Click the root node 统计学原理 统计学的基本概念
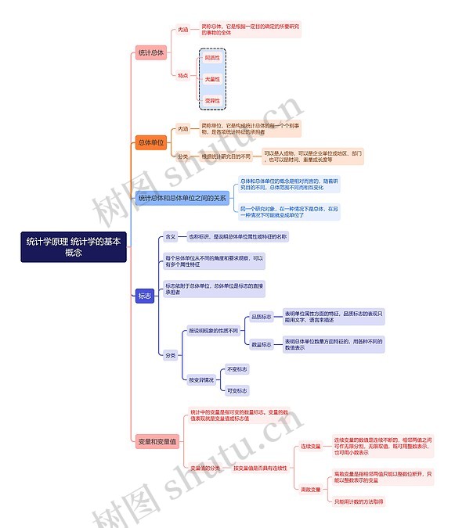(74, 247)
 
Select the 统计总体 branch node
(151, 53)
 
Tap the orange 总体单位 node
(151, 142)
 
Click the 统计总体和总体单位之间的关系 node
(182, 199)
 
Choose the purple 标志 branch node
(145, 296)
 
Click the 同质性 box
(212, 58)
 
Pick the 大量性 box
(212, 79)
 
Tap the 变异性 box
(212, 101)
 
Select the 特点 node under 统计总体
(182, 76)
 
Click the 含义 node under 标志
(170, 236)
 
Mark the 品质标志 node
(261, 317)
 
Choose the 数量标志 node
(261, 344)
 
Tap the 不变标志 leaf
(237, 368)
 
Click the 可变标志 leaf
(237, 390)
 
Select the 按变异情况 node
(201, 379)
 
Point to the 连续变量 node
(312, 447)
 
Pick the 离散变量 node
(312, 489)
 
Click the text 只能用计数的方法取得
(359, 501)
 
